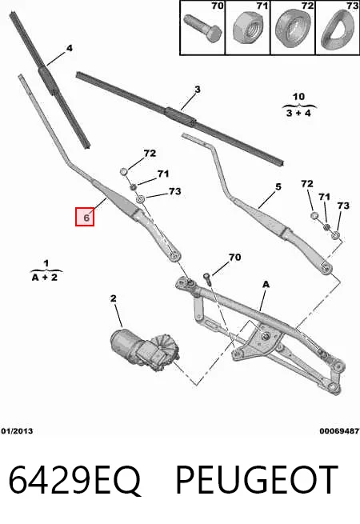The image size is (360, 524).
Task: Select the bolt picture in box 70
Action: click(203, 29)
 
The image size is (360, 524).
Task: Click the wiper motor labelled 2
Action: click(145, 349)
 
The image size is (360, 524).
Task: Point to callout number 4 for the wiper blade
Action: click(69, 48)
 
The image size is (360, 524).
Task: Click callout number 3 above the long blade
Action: click(198, 90)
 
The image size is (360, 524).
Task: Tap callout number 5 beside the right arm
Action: click(278, 187)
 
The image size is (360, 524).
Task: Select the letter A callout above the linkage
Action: click(266, 284)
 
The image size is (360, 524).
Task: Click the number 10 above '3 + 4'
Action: click(298, 97)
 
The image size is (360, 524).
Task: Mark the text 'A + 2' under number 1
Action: click(45, 277)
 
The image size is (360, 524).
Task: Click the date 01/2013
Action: click(17, 431)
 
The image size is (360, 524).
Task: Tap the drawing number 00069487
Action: click(339, 431)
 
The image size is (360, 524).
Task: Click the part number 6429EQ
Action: click(74, 479)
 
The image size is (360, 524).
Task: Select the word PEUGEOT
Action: click(256, 479)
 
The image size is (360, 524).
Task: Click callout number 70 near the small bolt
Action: click(234, 257)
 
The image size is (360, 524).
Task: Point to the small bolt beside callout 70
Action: click(207, 278)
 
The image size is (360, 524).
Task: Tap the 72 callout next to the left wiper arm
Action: click(150, 153)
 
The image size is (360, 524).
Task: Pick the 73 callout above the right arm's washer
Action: click(343, 206)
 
